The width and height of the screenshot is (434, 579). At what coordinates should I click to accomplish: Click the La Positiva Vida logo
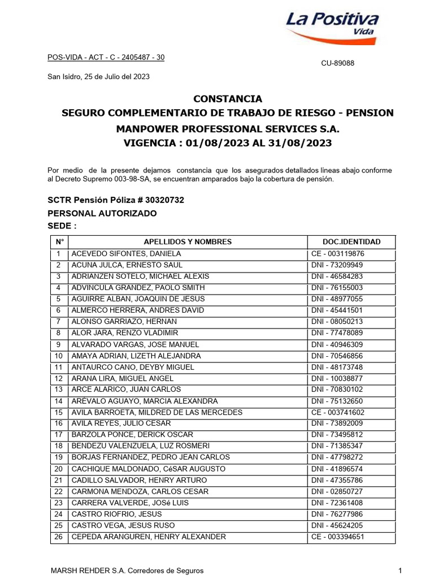[332, 27]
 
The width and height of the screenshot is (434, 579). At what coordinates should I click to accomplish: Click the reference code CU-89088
[337, 63]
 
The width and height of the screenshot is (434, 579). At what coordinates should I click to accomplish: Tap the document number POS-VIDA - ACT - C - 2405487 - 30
[105, 57]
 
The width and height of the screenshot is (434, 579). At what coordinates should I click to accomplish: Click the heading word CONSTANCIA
[228, 99]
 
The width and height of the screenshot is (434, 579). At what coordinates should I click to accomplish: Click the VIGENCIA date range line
[228, 143]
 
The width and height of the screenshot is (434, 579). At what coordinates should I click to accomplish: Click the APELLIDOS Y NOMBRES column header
[188, 241]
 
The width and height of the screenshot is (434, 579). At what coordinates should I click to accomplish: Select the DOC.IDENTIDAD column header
[351, 241]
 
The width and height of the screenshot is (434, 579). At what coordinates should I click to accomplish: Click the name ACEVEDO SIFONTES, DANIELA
[126, 254]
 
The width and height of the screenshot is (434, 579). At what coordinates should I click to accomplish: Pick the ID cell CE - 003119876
[338, 254]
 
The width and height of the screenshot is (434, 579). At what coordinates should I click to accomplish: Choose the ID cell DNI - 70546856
[337, 356]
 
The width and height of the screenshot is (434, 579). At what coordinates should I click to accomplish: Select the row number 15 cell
[58, 412]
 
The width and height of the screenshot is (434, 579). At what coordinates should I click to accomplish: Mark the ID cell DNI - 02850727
[337, 491]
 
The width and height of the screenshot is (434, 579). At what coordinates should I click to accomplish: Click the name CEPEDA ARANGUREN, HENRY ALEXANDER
[148, 537]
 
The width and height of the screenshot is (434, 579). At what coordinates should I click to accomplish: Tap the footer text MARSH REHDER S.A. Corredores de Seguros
[127, 571]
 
